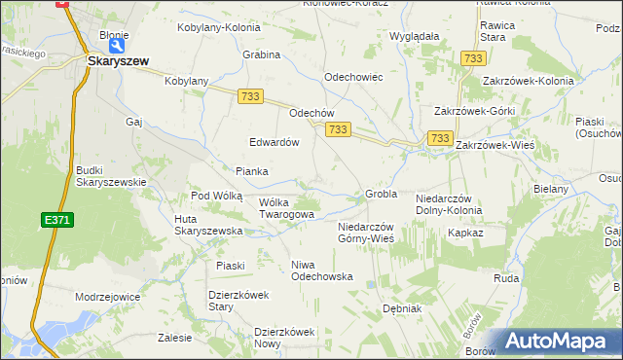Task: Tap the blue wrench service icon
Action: click(x=118, y=45)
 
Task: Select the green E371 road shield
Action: click(x=56, y=221)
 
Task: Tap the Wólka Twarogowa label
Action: click(x=286, y=208)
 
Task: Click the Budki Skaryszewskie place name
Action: click(x=111, y=176)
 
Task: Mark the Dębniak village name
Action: click(x=401, y=308)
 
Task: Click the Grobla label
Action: click(x=381, y=194)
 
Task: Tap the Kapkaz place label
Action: click(x=464, y=234)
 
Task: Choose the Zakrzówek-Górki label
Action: click(x=474, y=112)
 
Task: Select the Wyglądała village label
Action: click(x=414, y=36)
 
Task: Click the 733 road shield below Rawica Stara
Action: click(x=474, y=59)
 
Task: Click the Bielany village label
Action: click(x=550, y=189)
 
